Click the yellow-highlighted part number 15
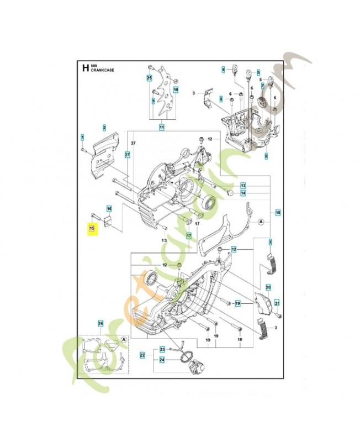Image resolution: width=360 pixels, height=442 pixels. click(93, 228)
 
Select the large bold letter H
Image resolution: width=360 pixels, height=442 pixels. click(84, 69)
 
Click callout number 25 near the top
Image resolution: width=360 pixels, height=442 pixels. click(149, 78)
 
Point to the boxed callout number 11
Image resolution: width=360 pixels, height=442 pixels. click(162, 128)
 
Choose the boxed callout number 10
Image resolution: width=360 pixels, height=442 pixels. click(176, 89)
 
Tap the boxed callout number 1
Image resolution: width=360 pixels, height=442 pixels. click(82, 136)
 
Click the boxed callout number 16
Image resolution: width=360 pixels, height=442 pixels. click(109, 208)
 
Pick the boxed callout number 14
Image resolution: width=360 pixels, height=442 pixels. click(242, 193)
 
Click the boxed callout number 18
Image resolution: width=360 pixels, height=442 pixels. click(278, 212)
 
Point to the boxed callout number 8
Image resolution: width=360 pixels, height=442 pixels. click(266, 156)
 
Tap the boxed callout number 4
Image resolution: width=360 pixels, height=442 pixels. click(224, 70)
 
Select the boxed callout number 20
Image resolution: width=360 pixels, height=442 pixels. click(268, 287)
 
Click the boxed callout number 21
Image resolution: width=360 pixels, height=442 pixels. click(277, 302)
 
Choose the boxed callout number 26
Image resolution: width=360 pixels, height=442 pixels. click(100, 323)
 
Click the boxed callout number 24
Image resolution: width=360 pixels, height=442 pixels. click(162, 360)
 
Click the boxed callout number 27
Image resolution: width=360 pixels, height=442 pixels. click(127, 155)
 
